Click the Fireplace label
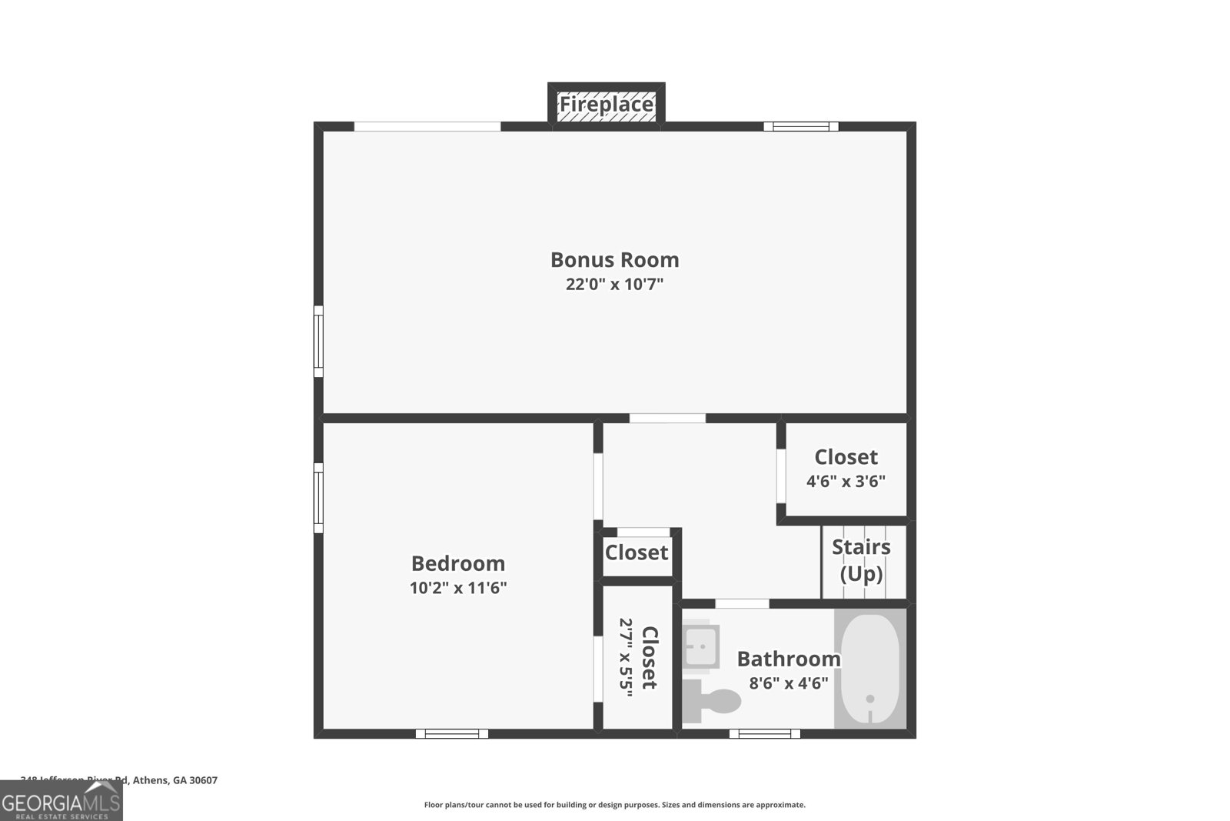click(606, 104)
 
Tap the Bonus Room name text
click(614, 260)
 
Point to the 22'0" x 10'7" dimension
click(614, 285)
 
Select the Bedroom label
click(458, 563)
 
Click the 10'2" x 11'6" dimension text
click(458, 589)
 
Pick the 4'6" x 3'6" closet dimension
click(846, 482)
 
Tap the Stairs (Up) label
click(861, 560)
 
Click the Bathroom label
click(789, 659)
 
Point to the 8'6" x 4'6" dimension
click(789, 682)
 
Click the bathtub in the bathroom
click(870, 668)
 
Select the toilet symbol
click(715, 701)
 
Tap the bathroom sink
click(701, 646)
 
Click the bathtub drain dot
click(870, 699)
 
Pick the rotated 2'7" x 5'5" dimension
click(626, 658)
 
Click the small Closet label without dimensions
click(637, 552)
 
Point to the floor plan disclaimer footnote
click(614, 805)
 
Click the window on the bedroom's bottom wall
click(452, 733)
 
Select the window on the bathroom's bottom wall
click(764, 733)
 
